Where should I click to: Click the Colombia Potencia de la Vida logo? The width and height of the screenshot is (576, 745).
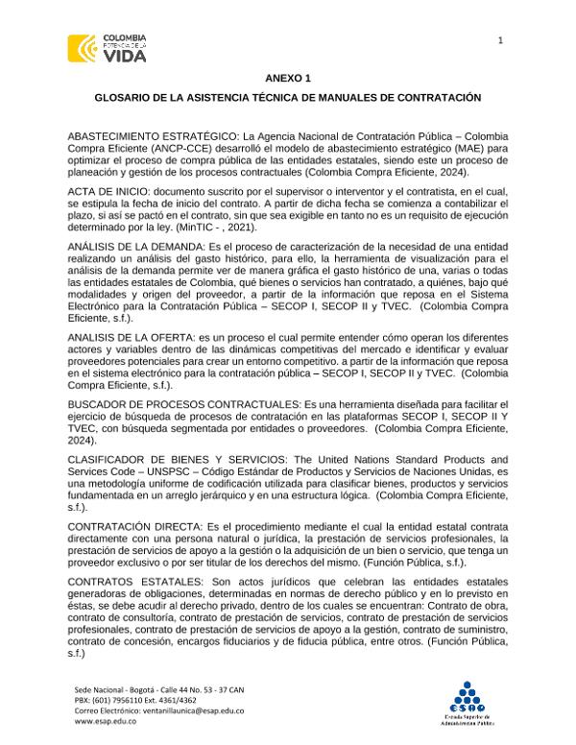tap(107, 48)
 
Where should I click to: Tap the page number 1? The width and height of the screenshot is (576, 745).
tap(500, 39)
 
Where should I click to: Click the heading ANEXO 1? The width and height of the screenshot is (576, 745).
tap(287, 76)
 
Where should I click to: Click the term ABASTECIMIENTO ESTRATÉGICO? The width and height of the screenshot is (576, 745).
tap(153, 136)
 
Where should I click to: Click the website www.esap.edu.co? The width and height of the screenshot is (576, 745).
tap(105, 721)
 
